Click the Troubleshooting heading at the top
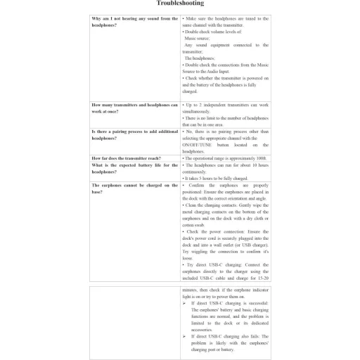coord(180,4)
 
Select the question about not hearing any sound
coord(134,22)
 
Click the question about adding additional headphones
coord(134,135)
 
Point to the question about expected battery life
coord(134,168)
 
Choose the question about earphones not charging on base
coord(134,188)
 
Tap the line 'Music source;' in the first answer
coord(200,39)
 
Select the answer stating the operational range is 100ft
coord(225,158)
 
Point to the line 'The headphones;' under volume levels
coord(200,58)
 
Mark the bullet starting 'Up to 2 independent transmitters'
coord(225,105)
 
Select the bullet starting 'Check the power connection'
coord(225,231)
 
